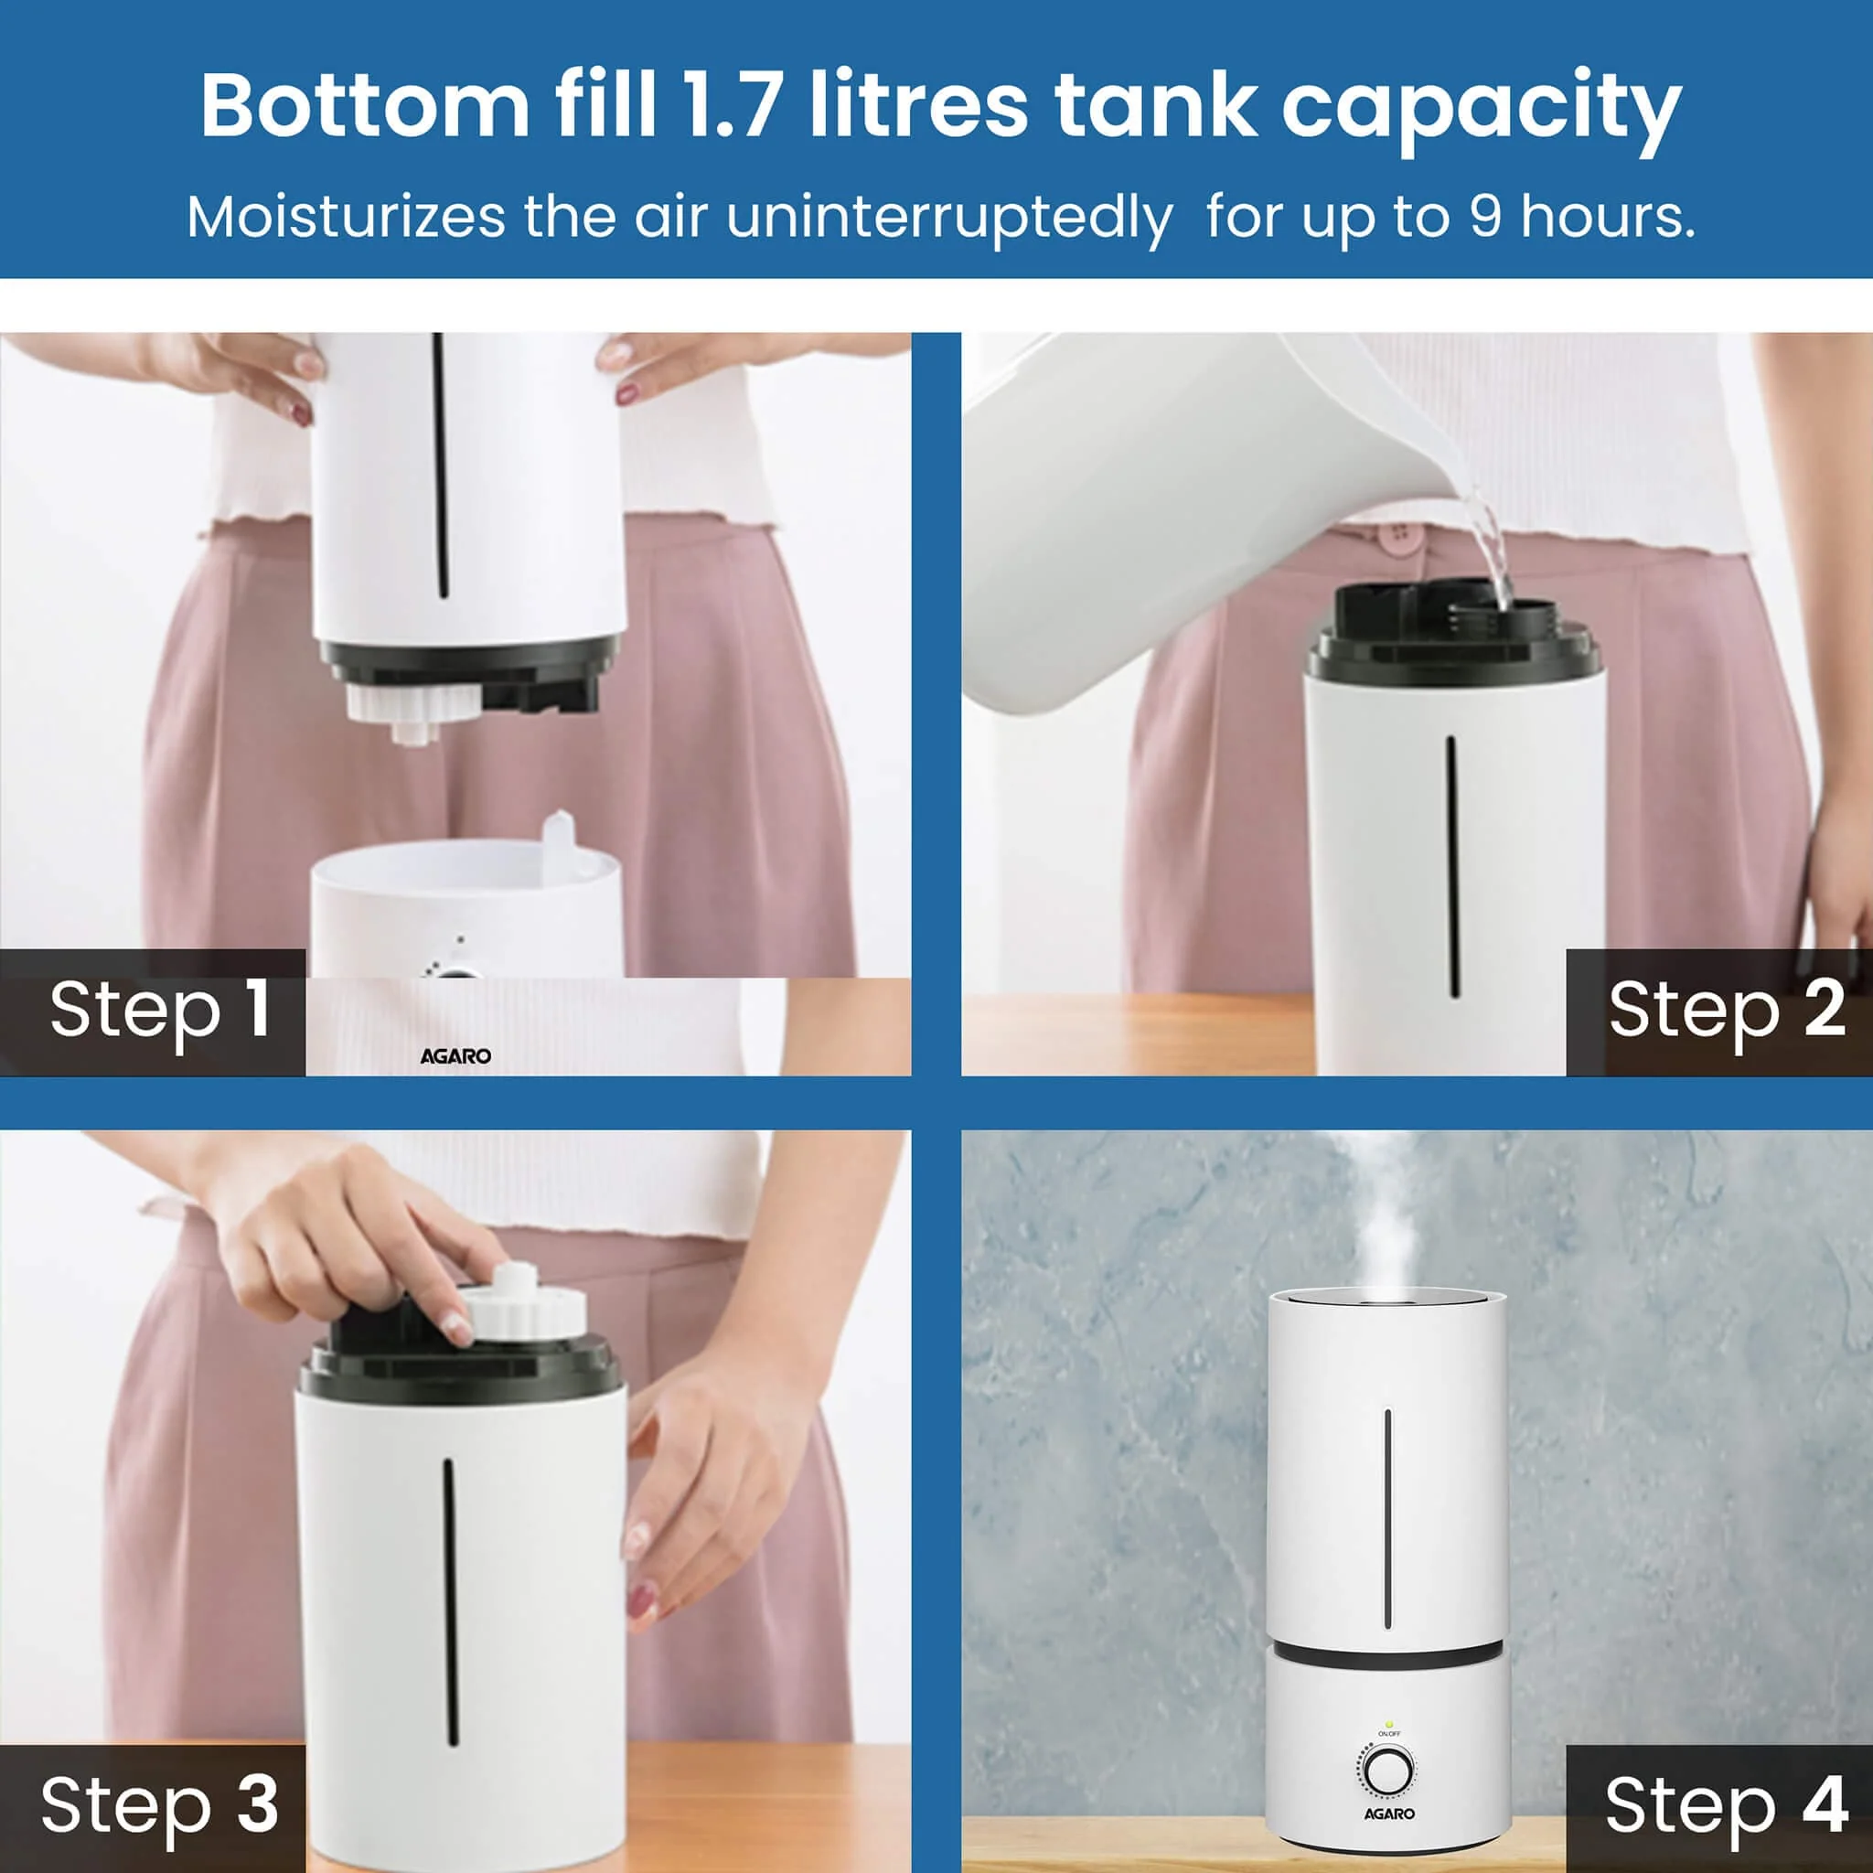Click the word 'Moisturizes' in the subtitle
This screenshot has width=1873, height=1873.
pyautogui.click(x=345, y=216)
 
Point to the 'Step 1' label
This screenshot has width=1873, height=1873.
pyautogui.click(x=160, y=1011)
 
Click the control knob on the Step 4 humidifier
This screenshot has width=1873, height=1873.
pyautogui.click(x=1387, y=1771)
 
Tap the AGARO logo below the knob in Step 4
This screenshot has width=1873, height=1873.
pyautogui.click(x=1389, y=1813)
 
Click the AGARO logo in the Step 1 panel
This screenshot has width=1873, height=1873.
pyautogui.click(x=455, y=1055)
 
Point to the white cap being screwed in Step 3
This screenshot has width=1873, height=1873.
pyautogui.click(x=523, y=1312)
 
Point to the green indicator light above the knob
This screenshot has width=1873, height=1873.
pyautogui.click(x=1388, y=1726)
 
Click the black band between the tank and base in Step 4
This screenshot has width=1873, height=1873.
pyautogui.click(x=1387, y=1652)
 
